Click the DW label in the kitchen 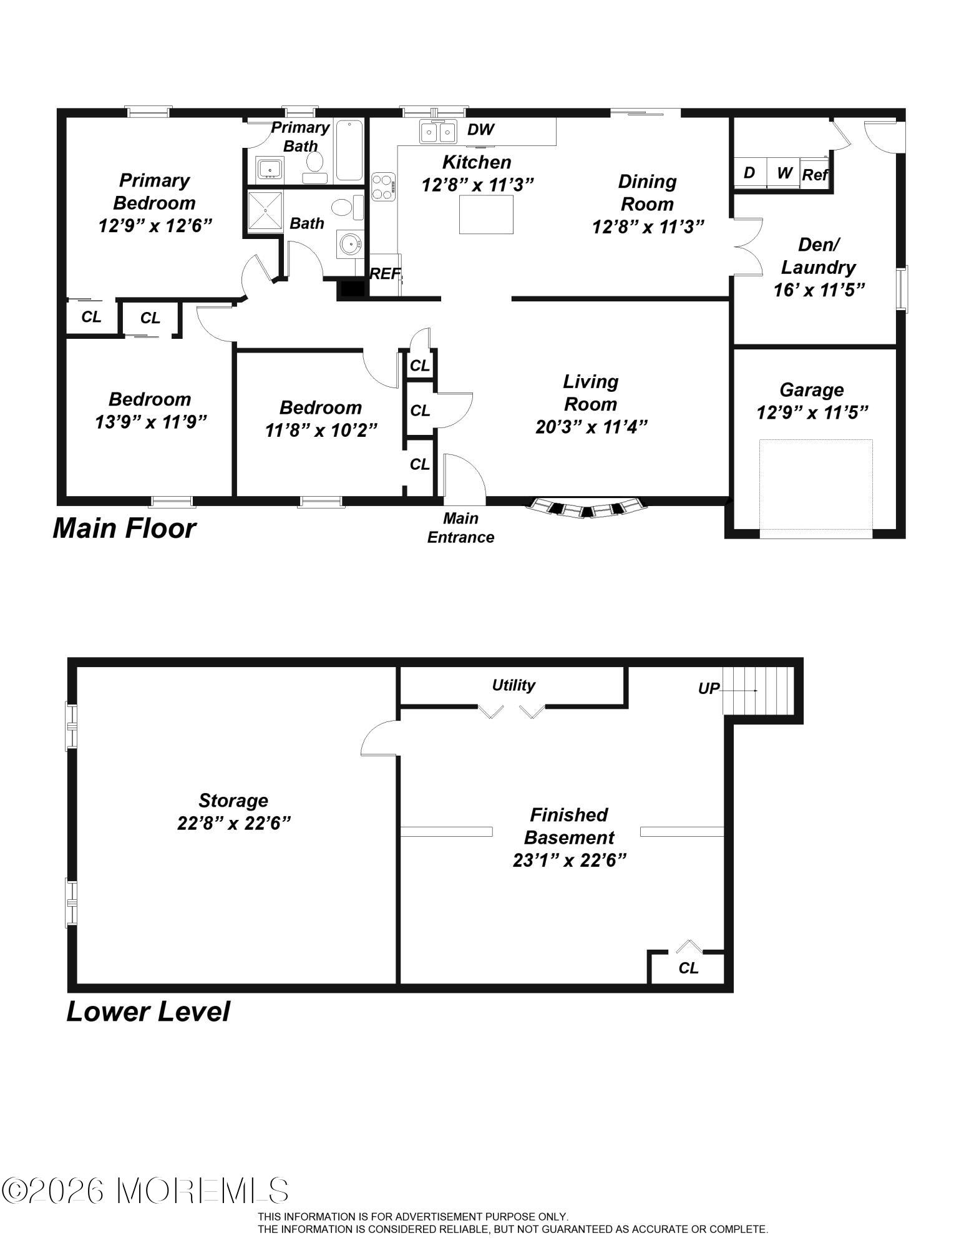(x=480, y=130)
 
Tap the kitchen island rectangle (x=486, y=215)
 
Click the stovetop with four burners (x=384, y=187)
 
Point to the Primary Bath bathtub (x=349, y=150)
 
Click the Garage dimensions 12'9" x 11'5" (x=812, y=412)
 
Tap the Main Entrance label (x=460, y=528)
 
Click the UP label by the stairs (x=709, y=689)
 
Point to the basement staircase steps (x=759, y=691)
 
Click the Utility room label (x=514, y=685)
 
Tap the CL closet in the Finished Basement (x=688, y=968)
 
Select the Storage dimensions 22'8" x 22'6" (x=234, y=823)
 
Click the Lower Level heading (x=148, y=1012)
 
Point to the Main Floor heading (x=124, y=529)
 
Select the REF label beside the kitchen (x=385, y=273)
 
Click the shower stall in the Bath (x=265, y=212)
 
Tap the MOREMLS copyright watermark (x=145, y=1191)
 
